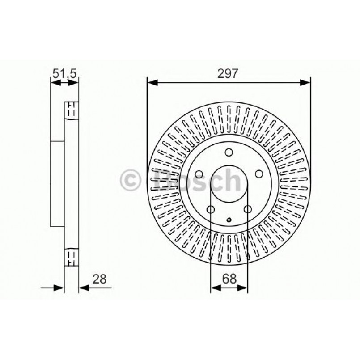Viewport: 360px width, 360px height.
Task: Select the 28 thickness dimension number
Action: point(99,279)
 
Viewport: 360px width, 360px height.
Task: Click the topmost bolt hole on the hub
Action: point(229,153)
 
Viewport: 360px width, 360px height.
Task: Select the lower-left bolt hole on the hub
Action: point(210,209)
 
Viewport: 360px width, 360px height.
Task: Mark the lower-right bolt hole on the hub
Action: point(247,209)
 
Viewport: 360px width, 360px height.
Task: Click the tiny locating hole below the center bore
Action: point(229,220)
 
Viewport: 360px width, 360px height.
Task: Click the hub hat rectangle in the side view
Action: point(58,183)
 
